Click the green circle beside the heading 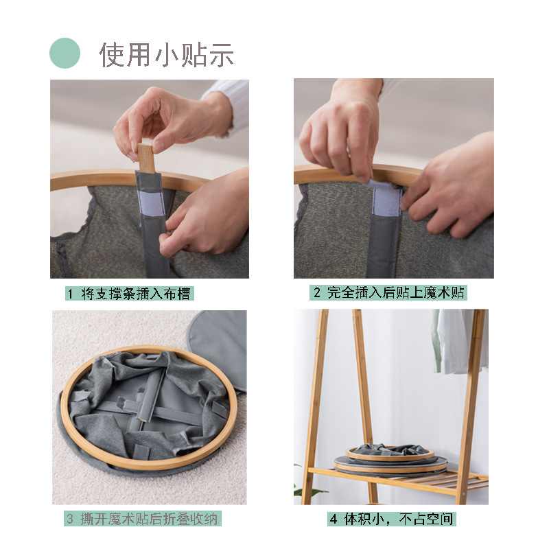pos(65,53)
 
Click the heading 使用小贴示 pos(167,54)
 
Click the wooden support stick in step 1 pos(145,156)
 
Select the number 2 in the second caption pos(317,293)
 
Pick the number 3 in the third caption pos(70,519)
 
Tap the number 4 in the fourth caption pos(334,519)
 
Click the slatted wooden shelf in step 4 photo pos(412,484)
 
